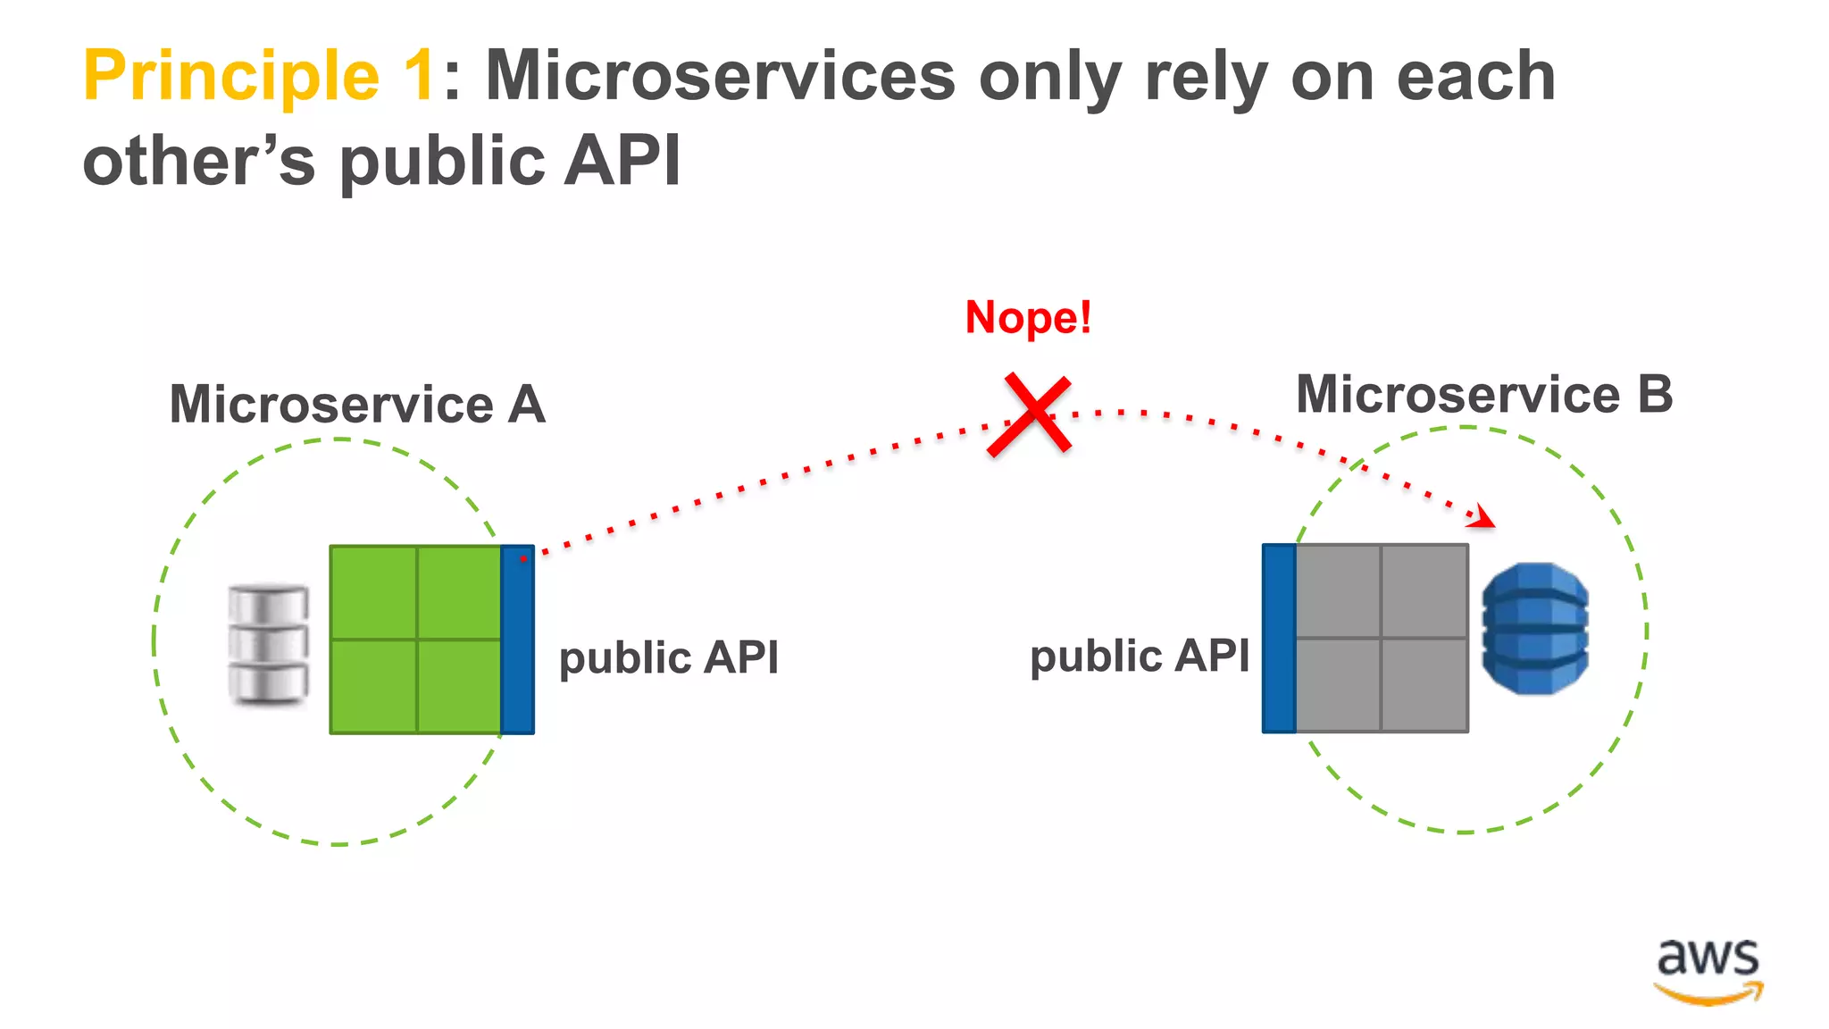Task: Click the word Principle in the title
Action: (x=230, y=77)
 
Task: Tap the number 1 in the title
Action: (x=418, y=77)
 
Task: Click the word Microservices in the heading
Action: (x=720, y=77)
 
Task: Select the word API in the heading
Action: (x=622, y=161)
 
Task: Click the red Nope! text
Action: (x=1028, y=318)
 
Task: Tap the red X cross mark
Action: (x=1029, y=415)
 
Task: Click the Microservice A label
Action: (x=357, y=405)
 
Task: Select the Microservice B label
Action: (x=1483, y=395)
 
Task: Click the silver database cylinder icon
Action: (x=268, y=643)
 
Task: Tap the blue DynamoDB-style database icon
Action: (x=1534, y=629)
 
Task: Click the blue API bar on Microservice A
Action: (x=517, y=640)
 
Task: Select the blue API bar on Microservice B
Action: (x=1279, y=638)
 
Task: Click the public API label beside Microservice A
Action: (x=669, y=658)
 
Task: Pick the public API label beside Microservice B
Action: (x=1140, y=657)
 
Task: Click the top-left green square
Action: (x=373, y=592)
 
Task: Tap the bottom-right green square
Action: (x=459, y=686)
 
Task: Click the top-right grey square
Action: (x=1424, y=591)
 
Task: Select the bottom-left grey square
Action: (x=1338, y=684)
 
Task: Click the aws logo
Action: (x=1708, y=971)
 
